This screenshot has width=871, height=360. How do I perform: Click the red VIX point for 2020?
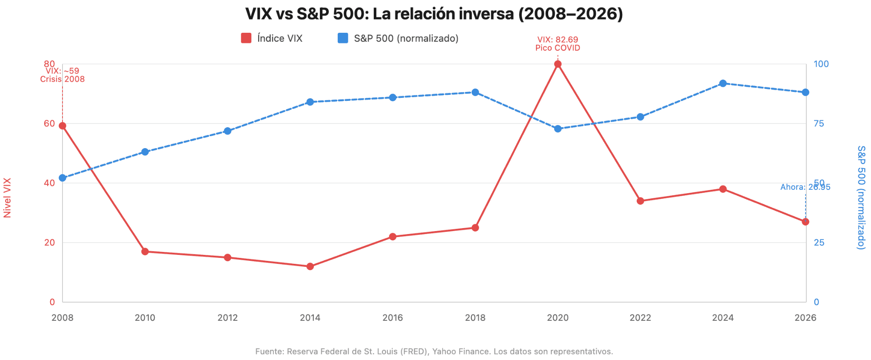pyautogui.click(x=558, y=64)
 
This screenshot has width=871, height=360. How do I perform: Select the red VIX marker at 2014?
pyautogui.click(x=310, y=266)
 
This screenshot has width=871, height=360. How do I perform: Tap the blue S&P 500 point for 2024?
pyautogui.click(x=723, y=83)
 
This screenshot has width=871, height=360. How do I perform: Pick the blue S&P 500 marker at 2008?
pyautogui.click(x=63, y=178)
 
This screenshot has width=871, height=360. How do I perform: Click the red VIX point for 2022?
pyautogui.click(x=640, y=201)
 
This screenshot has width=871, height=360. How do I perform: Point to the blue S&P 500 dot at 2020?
pyautogui.click(x=558, y=129)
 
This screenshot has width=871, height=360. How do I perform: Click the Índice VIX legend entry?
pyautogui.click(x=272, y=38)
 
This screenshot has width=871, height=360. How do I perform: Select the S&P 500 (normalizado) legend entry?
pyautogui.click(x=398, y=38)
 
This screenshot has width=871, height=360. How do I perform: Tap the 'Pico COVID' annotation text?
pyautogui.click(x=558, y=48)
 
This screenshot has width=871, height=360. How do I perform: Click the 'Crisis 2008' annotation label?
pyautogui.click(x=63, y=79)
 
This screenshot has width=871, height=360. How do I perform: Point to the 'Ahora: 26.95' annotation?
pyautogui.click(x=805, y=187)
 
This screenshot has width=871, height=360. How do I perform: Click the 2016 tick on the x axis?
pyautogui.click(x=393, y=317)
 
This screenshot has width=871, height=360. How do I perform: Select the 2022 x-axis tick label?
pyautogui.click(x=640, y=317)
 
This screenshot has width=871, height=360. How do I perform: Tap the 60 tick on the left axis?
pyautogui.click(x=49, y=123)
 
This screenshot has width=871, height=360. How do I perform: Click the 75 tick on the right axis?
pyautogui.click(x=819, y=123)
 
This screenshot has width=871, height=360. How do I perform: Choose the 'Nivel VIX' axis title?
pyautogui.click(x=7, y=198)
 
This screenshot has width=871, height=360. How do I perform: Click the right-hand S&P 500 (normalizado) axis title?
pyautogui.click(x=861, y=197)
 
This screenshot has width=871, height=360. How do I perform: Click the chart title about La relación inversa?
pyautogui.click(x=434, y=14)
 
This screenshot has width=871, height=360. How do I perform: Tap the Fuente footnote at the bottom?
pyautogui.click(x=434, y=351)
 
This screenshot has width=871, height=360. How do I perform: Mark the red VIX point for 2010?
pyautogui.click(x=145, y=251)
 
